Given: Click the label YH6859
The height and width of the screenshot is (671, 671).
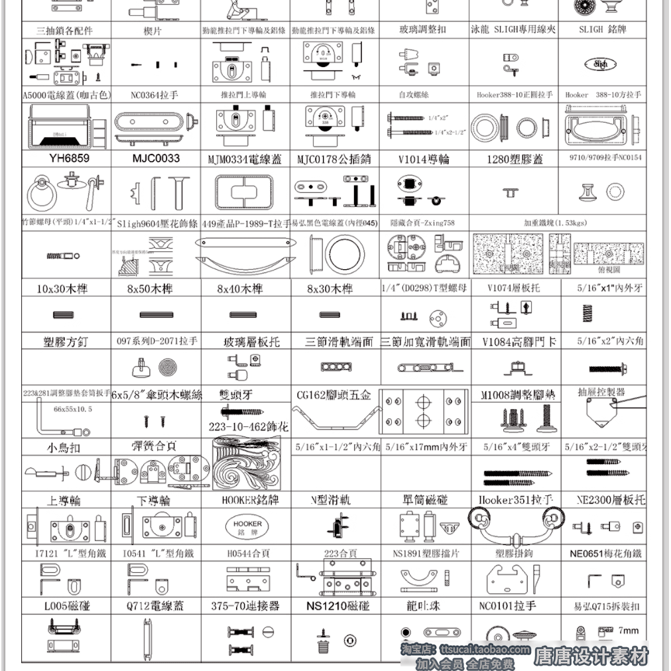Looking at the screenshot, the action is (69, 158).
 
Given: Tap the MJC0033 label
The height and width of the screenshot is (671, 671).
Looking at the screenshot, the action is (156, 158).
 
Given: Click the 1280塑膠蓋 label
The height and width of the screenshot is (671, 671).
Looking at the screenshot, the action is (515, 159).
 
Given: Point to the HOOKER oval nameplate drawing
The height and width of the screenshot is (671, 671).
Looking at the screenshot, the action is (247, 527).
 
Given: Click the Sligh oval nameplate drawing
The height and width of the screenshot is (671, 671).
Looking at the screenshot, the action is (601, 64).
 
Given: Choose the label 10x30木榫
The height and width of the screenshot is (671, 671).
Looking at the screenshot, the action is (62, 288).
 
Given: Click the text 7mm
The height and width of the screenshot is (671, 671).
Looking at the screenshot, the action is (628, 631).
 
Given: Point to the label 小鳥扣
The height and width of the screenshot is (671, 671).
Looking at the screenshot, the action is (64, 447).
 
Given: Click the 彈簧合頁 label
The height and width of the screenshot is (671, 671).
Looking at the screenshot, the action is (154, 446).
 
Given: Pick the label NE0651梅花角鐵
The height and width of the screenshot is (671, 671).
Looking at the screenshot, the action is (605, 553).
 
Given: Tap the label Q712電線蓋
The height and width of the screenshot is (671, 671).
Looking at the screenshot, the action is (156, 605).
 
